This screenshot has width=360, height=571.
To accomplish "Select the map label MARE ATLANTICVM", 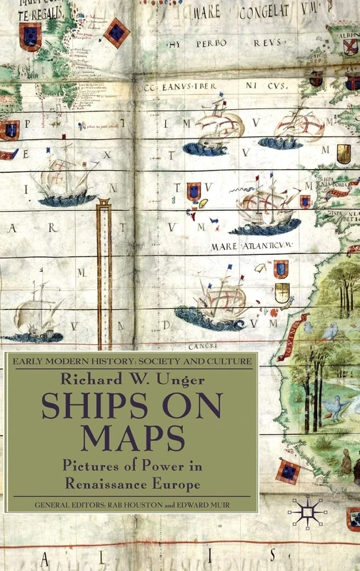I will click(x=252, y=246).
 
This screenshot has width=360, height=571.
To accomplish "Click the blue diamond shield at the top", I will click(x=116, y=32).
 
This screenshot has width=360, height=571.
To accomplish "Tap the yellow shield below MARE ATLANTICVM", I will click(x=282, y=291).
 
